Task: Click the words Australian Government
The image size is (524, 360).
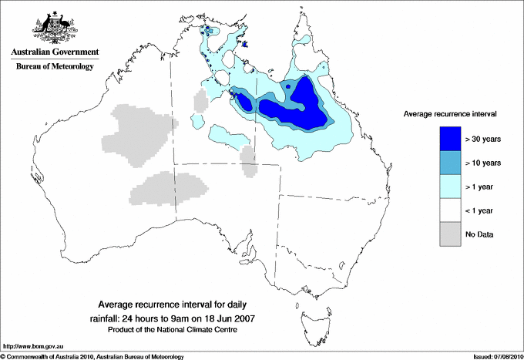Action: (52, 53)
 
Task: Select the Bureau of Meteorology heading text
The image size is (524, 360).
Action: (52, 67)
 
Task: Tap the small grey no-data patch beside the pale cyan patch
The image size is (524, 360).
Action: (247, 162)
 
